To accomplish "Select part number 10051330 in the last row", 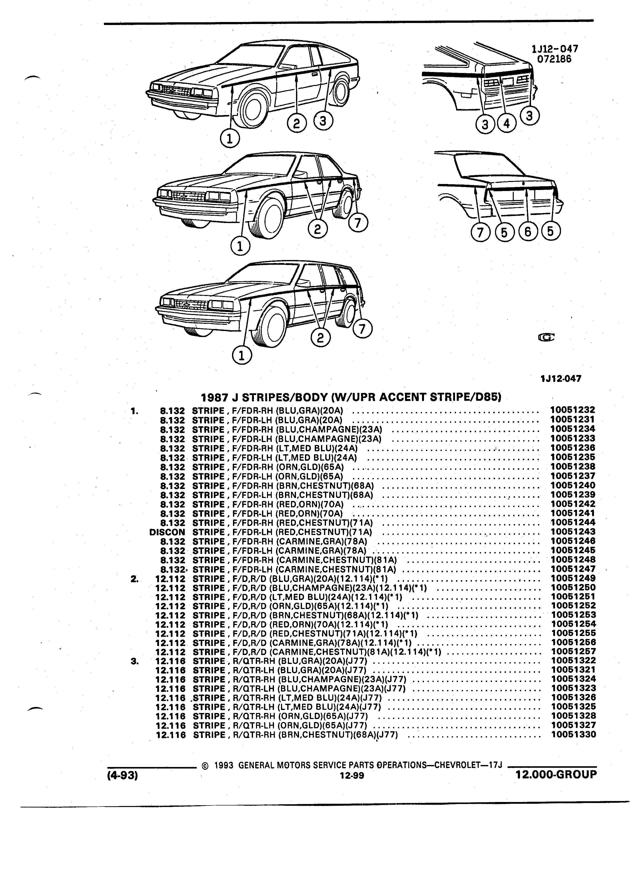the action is tap(573, 734).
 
